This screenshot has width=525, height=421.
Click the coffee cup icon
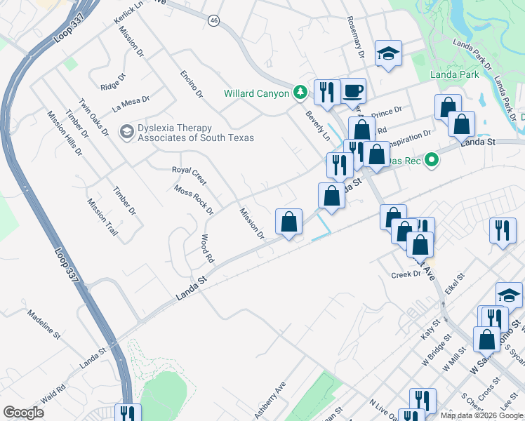pos(354,91)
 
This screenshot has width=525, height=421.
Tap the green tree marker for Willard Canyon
pos(300,93)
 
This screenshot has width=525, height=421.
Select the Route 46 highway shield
pos(213,21)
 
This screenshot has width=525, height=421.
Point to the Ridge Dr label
pos(112,82)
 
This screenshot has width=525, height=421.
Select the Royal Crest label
pos(189,170)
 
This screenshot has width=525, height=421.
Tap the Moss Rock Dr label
pos(194,199)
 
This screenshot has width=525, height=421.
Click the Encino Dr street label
pos(190,84)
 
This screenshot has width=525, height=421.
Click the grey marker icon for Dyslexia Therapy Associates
pos(126,131)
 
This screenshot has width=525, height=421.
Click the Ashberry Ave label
pos(270,401)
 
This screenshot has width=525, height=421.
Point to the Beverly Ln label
pos(317,124)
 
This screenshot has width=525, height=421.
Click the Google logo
pos(23,412)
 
